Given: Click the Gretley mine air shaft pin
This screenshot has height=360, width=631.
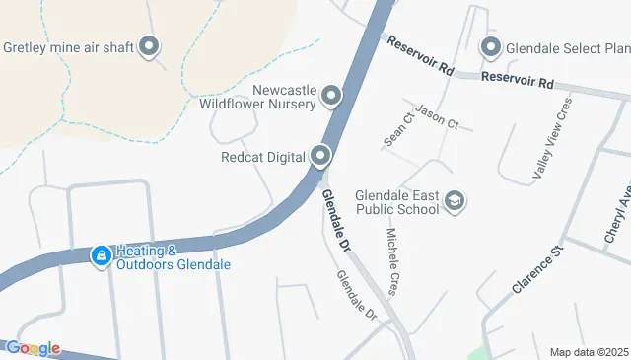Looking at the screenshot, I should tap(150, 46).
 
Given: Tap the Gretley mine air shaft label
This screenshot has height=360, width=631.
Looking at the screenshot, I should tap(69, 46).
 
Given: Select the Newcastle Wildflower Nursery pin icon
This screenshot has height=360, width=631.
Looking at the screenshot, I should tap(331, 96).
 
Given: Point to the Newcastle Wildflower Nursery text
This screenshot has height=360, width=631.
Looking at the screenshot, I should tap(258, 94).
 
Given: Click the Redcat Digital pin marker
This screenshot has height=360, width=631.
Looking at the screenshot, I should tap(320, 156).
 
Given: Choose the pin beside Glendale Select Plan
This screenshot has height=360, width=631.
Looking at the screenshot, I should tap(491, 46).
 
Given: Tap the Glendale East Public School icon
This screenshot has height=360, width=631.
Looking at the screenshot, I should tap(455, 201).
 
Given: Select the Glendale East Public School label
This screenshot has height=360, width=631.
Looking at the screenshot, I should tap(396, 201).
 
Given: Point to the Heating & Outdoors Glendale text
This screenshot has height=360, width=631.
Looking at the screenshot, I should tap(173, 257).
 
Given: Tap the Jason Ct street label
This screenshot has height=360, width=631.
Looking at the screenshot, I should tap(437, 116).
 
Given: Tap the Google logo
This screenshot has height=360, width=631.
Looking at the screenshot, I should tap(33, 348).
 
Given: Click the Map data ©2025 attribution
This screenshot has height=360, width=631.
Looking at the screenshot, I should tap(589, 352).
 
